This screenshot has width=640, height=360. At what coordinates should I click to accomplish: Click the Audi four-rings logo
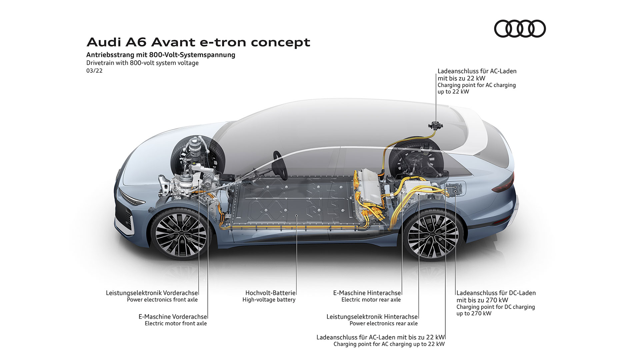click(520, 29)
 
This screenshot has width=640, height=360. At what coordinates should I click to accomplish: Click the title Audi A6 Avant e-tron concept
click(198, 42)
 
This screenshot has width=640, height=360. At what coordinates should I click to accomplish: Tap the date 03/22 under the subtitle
click(94, 71)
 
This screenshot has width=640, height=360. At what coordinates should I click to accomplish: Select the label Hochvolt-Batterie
click(270, 293)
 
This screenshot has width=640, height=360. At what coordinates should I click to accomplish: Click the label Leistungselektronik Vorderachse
click(152, 293)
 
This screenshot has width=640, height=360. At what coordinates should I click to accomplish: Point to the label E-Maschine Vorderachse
click(173, 317)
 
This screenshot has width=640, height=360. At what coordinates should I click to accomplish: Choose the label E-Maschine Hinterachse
click(367, 293)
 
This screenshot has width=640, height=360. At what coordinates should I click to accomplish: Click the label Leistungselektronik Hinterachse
click(372, 317)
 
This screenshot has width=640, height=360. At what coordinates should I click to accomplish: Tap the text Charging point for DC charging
click(496, 307)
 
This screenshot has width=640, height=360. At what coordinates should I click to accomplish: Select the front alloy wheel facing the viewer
click(181, 233)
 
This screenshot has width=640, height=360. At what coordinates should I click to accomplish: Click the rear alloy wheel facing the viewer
click(433, 235)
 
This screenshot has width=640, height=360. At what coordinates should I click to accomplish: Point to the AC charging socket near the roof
click(436, 126)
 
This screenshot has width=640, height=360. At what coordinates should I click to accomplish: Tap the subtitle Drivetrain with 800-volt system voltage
click(142, 63)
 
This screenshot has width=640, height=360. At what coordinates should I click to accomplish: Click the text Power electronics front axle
click(162, 300)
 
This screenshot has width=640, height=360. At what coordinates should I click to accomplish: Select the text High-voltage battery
click(269, 300)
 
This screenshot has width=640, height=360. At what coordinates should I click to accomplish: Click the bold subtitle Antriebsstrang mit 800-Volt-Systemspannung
click(161, 55)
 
